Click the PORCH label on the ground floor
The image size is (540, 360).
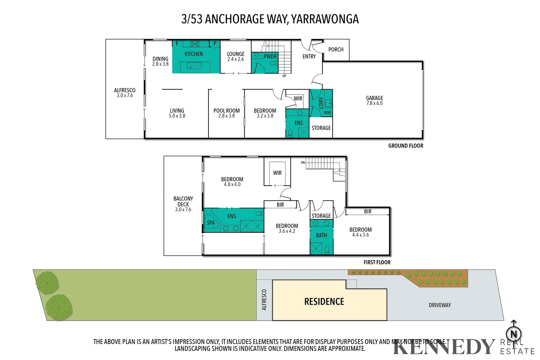(x=336, y=50)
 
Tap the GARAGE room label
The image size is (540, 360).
(x=374, y=98)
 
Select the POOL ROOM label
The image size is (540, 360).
(x=226, y=111)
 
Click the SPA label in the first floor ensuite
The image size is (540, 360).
(x=211, y=223)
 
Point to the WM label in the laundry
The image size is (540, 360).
(x=327, y=113)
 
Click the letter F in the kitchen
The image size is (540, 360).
(x=177, y=44)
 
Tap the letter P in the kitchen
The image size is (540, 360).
(x=215, y=44)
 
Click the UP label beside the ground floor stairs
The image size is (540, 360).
(x=284, y=76)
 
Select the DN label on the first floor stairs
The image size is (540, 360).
(x=303, y=163)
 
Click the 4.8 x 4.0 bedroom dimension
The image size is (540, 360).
(x=232, y=185)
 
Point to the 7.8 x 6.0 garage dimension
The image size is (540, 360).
(x=374, y=103)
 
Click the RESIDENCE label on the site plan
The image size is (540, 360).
(x=324, y=302)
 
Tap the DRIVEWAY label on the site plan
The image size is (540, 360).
(x=440, y=305)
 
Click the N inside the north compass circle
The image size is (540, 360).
(x=514, y=334)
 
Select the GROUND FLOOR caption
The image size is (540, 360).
(x=405, y=146)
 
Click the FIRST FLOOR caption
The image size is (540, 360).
(x=377, y=262)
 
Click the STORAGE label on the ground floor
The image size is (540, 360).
(x=321, y=128)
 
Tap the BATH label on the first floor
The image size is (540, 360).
(x=321, y=236)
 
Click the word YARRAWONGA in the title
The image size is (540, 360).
(x=325, y=19)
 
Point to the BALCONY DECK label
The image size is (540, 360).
(x=183, y=201)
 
